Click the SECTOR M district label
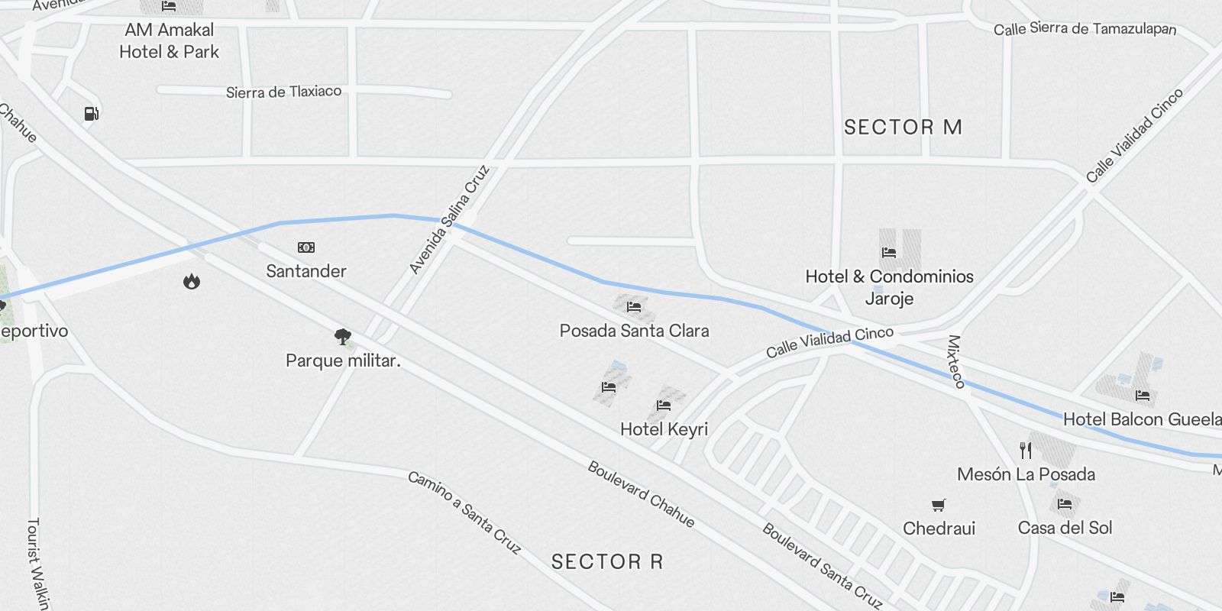(903, 127)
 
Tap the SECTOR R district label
(607, 562)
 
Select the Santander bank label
(306, 271)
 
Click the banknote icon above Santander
(306, 247)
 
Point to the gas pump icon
(92, 114)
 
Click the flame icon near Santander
(192, 281)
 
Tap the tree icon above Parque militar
(343, 336)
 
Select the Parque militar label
(343, 360)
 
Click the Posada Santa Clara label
(634, 331)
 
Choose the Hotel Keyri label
(664, 429)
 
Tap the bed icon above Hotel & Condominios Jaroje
(888, 252)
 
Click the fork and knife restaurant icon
(1026, 451)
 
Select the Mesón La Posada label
(1026, 474)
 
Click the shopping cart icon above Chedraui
(939, 505)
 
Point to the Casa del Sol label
(1065, 528)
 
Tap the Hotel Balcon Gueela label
(1142, 419)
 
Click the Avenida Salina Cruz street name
(449, 219)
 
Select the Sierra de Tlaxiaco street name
(283, 92)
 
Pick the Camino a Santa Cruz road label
(464, 512)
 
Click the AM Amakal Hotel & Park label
(170, 41)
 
